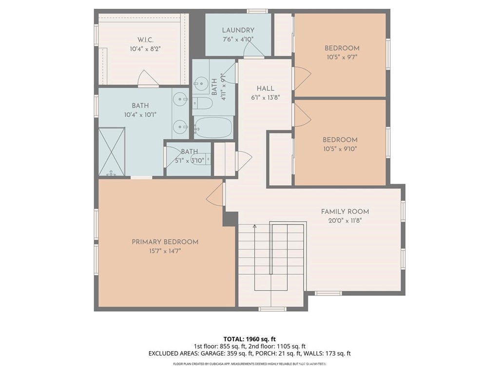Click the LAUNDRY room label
tap(238, 30)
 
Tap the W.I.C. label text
tap(145, 40)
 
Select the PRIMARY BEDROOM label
tap(165, 242)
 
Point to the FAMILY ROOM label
tap(345, 212)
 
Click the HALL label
tap(266, 89)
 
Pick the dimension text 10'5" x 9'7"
tap(342, 57)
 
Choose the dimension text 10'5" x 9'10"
tap(340, 149)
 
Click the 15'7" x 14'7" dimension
tap(165, 251)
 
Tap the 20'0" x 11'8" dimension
tap(345, 221)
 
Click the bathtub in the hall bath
tap(213, 128)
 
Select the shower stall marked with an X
tap(112, 151)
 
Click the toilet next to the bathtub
tap(202, 103)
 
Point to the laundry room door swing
tap(253, 49)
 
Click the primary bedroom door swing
tap(215, 195)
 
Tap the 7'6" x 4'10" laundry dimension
tap(238, 39)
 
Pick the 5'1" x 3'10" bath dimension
tap(190, 161)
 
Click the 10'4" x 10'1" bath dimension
tap(140, 115)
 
